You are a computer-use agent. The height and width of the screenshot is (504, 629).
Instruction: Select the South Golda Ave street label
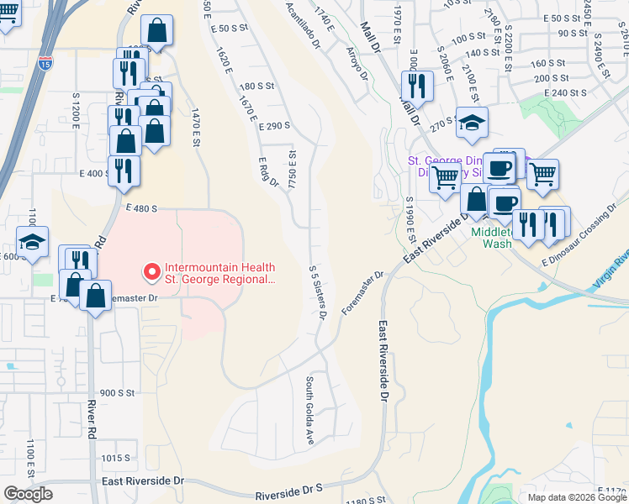click(x=309, y=410)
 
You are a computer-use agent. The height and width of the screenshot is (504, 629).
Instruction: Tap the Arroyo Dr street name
click(x=357, y=63)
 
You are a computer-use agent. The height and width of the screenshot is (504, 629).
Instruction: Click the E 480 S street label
click(x=143, y=207)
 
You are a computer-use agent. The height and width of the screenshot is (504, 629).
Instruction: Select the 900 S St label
click(x=117, y=392)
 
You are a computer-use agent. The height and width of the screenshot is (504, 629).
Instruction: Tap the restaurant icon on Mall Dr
click(x=416, y=84)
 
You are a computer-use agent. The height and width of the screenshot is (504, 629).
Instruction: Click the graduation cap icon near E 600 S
click(x=33, y=242)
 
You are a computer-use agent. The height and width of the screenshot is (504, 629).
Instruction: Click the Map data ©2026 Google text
click(x=576, y=497)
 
